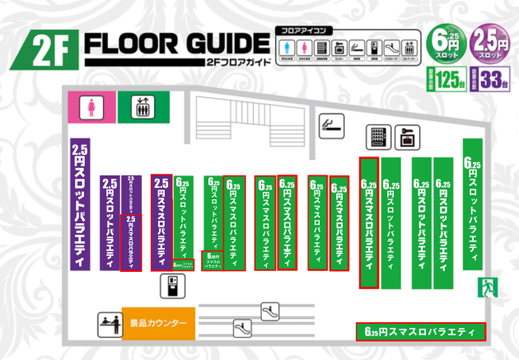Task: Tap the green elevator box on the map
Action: pos(138,105)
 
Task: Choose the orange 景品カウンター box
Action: pos(158,323)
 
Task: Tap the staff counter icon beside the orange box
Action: pos(107,323)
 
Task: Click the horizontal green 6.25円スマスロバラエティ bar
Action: pos(420,332)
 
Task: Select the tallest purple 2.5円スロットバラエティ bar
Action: pos(79,203)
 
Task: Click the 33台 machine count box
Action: pos(491,80)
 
